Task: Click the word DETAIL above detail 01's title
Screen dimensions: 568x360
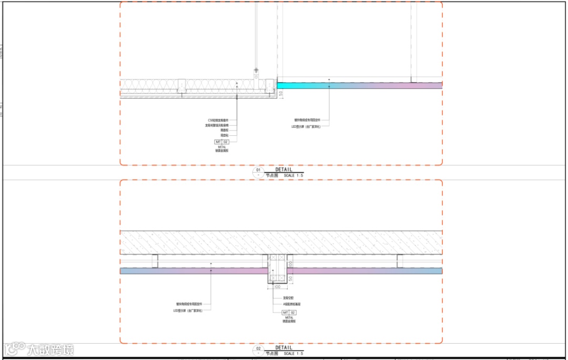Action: [283, 169]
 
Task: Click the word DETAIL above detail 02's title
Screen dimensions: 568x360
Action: [283, 347]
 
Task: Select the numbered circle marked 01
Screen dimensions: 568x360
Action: [258, 171]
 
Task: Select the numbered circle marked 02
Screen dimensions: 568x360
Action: [258, 349]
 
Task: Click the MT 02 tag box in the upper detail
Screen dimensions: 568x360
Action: [221, 142]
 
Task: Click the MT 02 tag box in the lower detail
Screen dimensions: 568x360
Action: [289, 313]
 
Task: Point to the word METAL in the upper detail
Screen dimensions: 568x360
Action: [221, 147]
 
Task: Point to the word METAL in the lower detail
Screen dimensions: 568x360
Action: [289, 317]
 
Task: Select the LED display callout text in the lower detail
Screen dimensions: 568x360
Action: [188, 311]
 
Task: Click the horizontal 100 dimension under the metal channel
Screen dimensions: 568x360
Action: [278, 287]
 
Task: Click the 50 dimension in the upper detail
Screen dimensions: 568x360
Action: [281, 93]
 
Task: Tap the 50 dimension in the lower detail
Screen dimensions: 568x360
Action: [290, 277]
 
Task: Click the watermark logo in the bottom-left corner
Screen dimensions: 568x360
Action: [39, 349]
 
